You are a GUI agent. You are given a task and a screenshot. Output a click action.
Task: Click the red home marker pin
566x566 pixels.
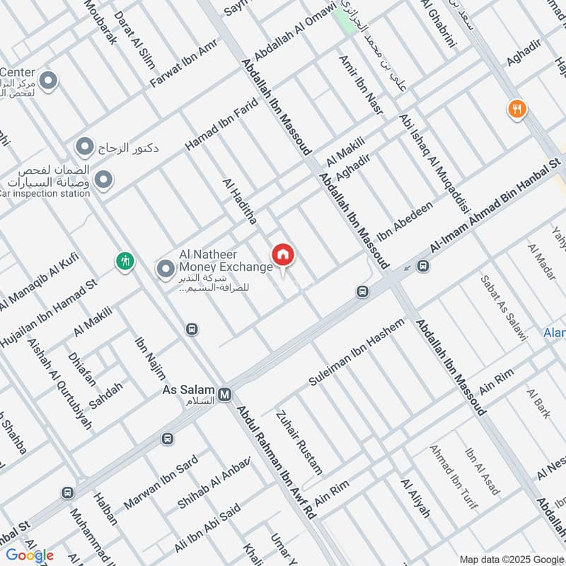[x=283, y=255]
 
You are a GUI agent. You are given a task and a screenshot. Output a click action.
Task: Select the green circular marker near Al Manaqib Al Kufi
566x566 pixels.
[x=125, y=260]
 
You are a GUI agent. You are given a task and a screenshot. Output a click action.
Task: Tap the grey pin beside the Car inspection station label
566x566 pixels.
[x=104, y=180]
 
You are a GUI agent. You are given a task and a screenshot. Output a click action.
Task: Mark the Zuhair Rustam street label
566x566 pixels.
[x=299, y=442]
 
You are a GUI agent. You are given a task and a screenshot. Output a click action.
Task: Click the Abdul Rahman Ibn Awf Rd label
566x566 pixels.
[x=276, y=463]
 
